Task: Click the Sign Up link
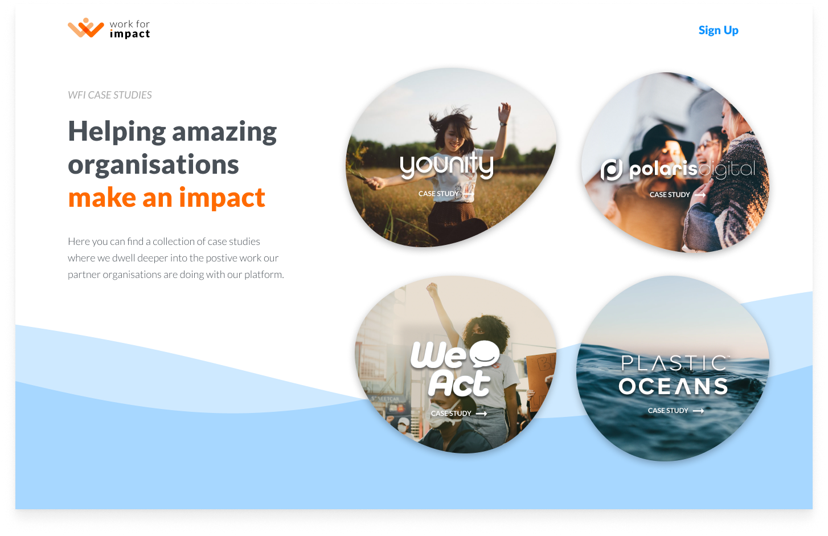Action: pos(718,30)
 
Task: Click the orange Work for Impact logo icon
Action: pos(86,28)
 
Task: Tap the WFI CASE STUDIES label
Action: pos(110,95)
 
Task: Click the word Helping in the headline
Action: pos(117,132)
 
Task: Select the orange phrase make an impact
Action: pos(167,198)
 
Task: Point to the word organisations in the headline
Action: pos(153,165)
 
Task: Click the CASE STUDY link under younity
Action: pos(446,194)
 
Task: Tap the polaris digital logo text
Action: pos(678,170)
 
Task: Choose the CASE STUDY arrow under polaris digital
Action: pos(700,195)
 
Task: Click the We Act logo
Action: pos(456,369)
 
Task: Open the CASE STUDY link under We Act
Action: pos(459,414)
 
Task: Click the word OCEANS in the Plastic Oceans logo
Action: pos(673,386)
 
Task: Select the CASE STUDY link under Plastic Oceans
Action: pos(676,411)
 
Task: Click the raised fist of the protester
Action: pos(432,289)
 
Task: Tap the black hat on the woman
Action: pos(661,144)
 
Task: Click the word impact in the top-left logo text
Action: pos(130,34)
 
